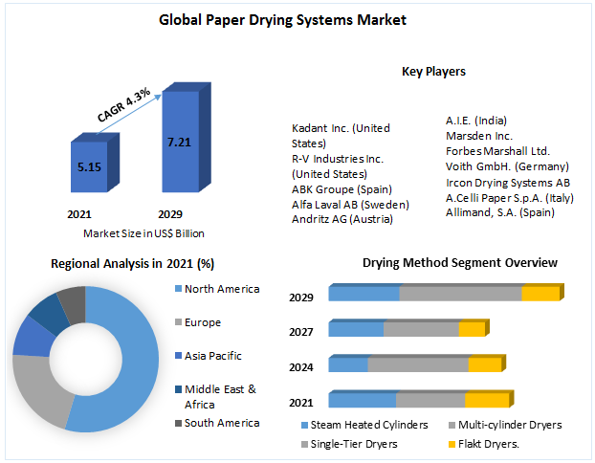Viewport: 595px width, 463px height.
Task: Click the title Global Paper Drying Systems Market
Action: pos(296,20)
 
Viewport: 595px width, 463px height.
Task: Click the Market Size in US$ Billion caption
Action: pos(143,232)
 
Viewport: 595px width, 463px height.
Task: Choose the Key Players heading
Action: pos(433,71)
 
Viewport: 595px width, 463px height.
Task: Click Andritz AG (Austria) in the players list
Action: pos(344,220)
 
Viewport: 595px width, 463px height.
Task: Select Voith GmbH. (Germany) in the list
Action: pos(507,166)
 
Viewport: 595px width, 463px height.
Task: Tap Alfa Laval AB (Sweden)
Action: pos(350,205)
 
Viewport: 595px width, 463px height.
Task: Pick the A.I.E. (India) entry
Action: pos(475,121)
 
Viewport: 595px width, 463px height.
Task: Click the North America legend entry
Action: pos(220,289)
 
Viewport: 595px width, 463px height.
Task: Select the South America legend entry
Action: pos(221,423)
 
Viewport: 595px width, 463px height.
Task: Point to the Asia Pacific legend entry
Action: pos(212,356)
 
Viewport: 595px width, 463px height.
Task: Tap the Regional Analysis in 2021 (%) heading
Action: pos(132,263)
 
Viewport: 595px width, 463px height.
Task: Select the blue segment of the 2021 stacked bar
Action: pos(362,400)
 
